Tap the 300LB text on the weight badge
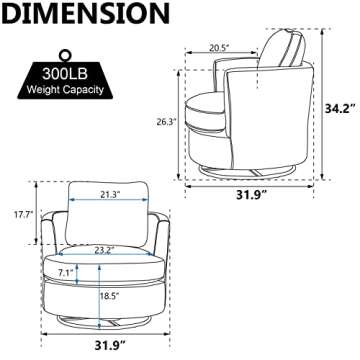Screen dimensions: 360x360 [x=65, y=74]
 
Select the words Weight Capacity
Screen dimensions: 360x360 [x=65, y=89]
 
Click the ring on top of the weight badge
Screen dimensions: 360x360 [x=65, y=54]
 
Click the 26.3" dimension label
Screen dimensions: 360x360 [x=166, y=122]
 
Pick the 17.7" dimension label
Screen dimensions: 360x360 [x=23, y=214]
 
